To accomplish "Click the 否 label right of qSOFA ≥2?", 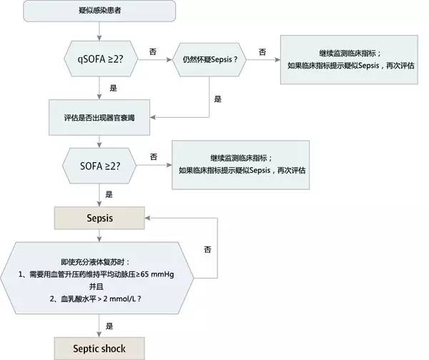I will pos(153,52).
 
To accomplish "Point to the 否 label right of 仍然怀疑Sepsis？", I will pos(262,52).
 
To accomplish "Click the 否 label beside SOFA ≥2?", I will pos(153,156).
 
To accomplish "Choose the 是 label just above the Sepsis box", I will pos(109,194).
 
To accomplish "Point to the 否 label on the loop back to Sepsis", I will pos(207,249).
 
